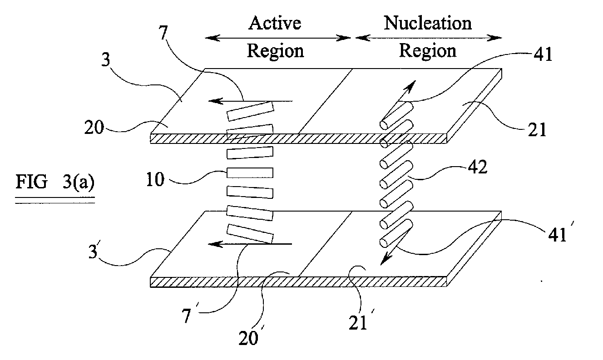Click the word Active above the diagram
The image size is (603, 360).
coord(275,23)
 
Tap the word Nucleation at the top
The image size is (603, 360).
coord(427,23)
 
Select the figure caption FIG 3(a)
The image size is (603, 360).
coord(55,182)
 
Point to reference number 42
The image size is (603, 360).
coord(478,167)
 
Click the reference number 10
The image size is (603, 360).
coord(155,179)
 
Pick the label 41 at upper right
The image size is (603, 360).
coord(543,54)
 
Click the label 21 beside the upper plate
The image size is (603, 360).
coord(537,130)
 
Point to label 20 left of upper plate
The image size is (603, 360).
coord(94,127)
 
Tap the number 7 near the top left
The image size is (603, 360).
coord(163,33)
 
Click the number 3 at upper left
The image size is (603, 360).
coord(106,59)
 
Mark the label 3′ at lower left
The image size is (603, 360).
coord(94,250)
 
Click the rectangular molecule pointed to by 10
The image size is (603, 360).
coord(250,173)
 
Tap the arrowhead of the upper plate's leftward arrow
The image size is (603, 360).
coord(216,101)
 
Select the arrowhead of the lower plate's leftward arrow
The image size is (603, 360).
coord(216,244)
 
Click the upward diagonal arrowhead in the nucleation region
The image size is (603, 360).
coord(410,87)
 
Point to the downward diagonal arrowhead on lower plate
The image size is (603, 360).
coord(386,259)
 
